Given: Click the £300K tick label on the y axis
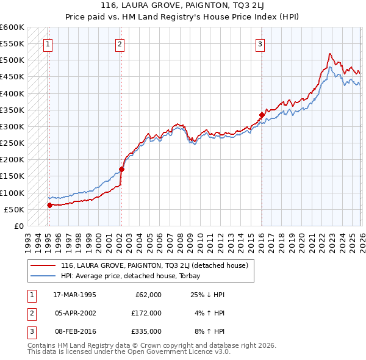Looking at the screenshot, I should [12, 127].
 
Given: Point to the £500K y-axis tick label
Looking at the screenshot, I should [12, 60].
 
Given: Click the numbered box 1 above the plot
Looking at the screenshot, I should [48, 43].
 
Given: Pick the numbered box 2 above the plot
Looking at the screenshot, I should [120, 43].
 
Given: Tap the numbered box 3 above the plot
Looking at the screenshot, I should [260, 43].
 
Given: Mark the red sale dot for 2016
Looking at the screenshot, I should [262, 115].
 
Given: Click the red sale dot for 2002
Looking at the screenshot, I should [121, 169].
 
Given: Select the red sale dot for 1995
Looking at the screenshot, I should [50, 206].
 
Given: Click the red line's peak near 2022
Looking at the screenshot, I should [329, 54].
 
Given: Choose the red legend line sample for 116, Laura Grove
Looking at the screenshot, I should [43, 266].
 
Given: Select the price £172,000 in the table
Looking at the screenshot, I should [146, 313].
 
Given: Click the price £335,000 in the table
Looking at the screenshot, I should [146, 332].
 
